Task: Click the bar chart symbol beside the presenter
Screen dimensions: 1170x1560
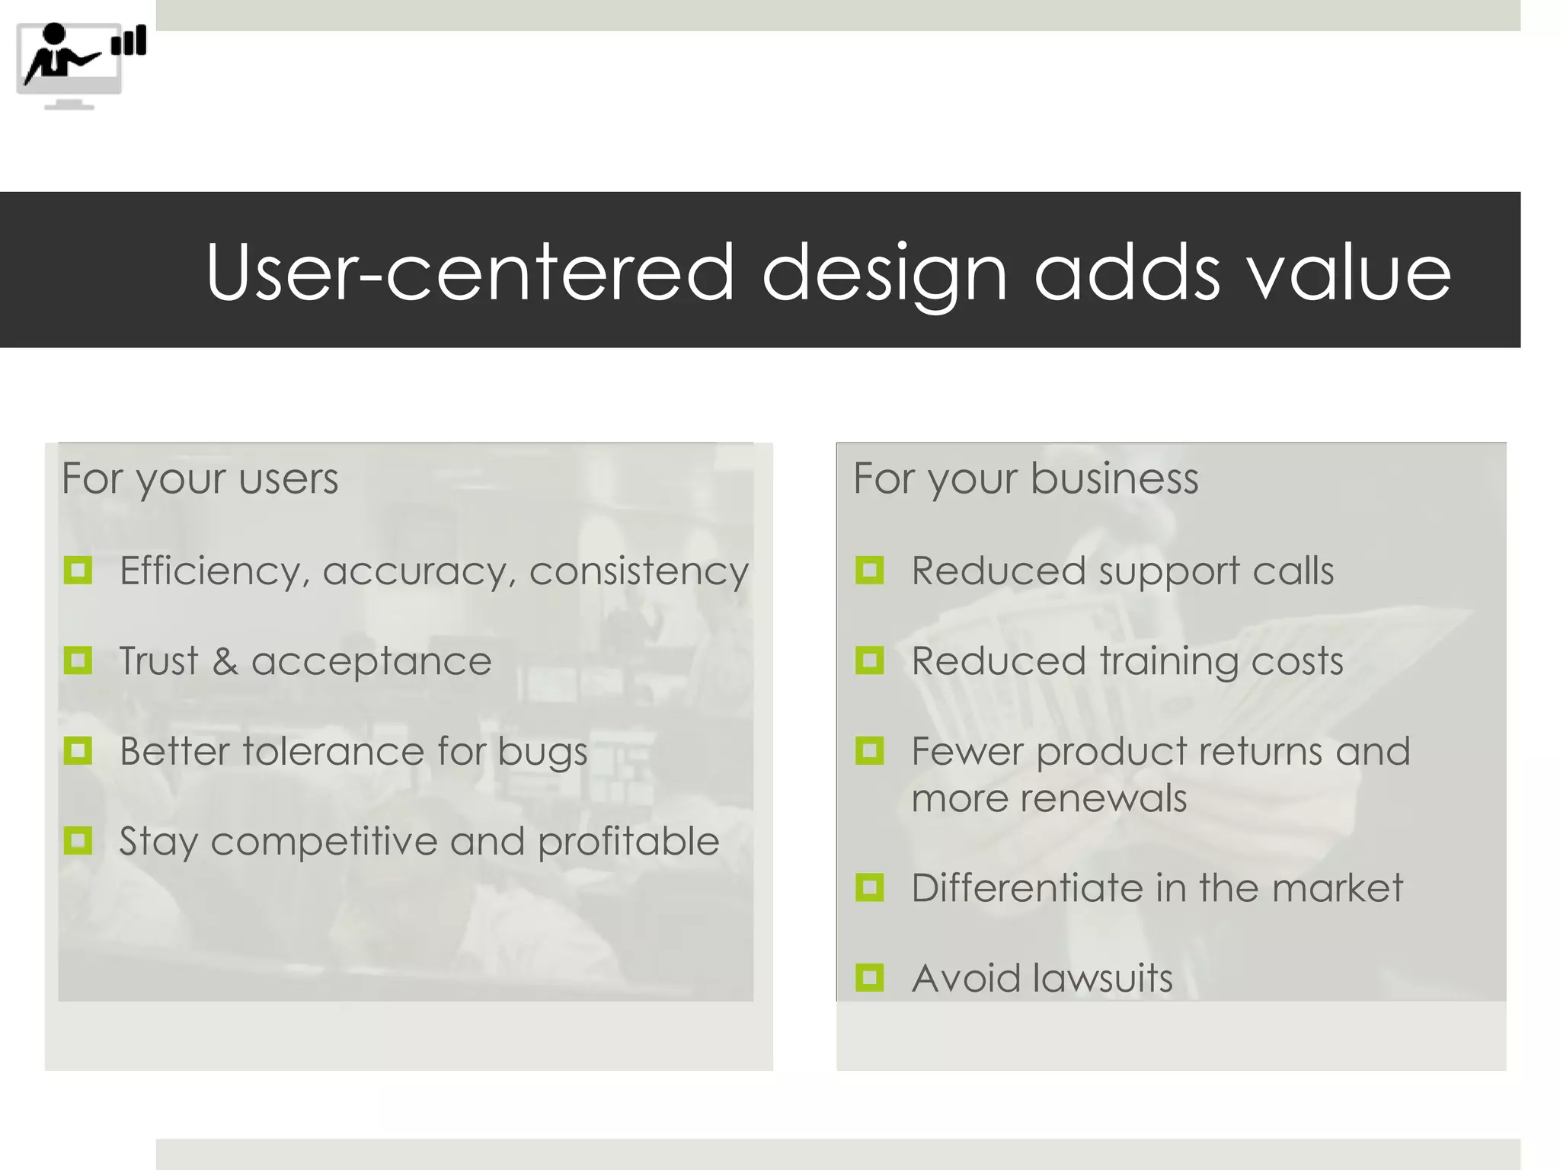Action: (x=129, y=40)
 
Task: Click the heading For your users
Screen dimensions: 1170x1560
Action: (x=200, y=478)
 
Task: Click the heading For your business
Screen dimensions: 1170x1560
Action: (x=1025, y=478)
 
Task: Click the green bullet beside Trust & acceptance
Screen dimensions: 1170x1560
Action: (x=78, y=660)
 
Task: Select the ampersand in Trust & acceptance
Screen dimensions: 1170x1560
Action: (x=225, y=660)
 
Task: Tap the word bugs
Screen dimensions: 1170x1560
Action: (x=542, y=753)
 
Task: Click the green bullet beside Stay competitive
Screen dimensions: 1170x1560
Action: (x=78, y=841)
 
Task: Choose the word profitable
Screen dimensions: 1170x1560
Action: (x=628, y=842)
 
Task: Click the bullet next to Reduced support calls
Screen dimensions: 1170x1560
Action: (x=870, y=570)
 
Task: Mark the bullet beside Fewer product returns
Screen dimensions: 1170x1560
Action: (x=870, y=751)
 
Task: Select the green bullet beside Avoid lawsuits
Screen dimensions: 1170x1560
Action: (x=870, y=977)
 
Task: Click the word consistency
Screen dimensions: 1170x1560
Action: (x=639, y=571)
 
